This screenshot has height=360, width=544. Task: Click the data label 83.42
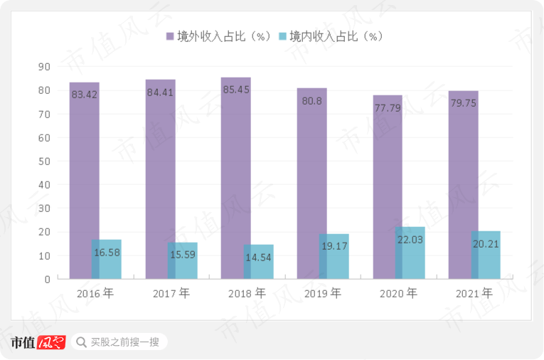point(84,95)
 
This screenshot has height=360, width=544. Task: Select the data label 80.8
point(311,101)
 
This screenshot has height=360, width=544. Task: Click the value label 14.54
point(257,258)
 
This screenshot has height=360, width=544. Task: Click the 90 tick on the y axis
point(44,67)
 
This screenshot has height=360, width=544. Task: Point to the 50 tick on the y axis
point(44,161)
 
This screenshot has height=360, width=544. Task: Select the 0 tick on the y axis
point(47,279)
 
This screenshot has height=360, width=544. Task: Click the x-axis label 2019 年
point(322,293)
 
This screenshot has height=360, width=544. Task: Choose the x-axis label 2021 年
point(473,293)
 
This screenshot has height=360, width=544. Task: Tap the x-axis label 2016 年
point(95,293)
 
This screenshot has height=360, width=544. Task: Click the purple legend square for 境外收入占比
point(171,36)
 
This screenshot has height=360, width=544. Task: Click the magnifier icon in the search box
point(80,342)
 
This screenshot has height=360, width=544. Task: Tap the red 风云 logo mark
point(51,342)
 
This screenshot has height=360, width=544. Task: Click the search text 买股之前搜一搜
point(124,342)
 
